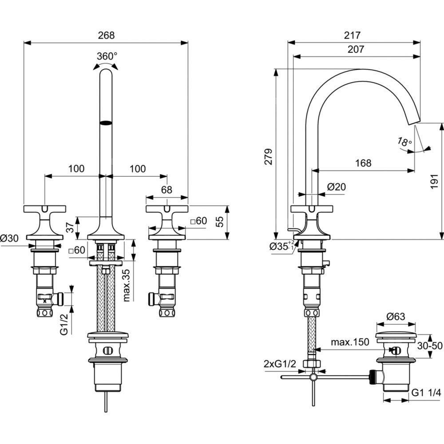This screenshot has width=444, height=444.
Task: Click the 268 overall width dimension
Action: point(106,35)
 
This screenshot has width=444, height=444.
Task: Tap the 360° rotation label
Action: point(107,56)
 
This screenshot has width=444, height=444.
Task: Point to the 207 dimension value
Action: point(356,49)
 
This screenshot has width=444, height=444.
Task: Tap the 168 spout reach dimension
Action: point(363,163)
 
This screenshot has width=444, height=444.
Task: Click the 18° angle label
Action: point(404,142)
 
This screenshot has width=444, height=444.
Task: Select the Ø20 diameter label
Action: point(336,187)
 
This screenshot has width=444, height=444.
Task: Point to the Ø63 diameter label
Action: point(395,317)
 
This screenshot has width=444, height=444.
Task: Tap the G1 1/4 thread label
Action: point(426,392)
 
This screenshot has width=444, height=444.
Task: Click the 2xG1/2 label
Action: point(280,364)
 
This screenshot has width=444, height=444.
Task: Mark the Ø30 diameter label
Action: point(10,238)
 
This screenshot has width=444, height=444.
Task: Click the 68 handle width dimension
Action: point(166,190)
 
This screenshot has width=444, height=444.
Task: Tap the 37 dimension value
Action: point(69,227)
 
